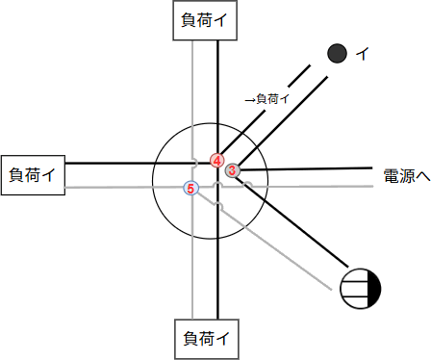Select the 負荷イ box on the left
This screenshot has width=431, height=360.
click(x=32, y=174)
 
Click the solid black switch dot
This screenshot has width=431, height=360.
click(x=337, y=53)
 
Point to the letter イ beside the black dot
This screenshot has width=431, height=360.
click(x=362, y=54)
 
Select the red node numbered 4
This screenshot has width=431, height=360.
click(x=217, y=160)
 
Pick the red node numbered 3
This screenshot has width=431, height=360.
click(x=232, y=170)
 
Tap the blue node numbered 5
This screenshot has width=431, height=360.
click(x=190, y=189)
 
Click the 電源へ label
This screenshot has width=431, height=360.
click(x=405, y=176)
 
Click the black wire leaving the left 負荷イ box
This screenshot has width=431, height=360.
click(x=106, y=164)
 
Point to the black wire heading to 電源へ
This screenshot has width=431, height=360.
click(x=317, y=167)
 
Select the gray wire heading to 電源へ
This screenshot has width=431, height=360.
click(x=317, y=185)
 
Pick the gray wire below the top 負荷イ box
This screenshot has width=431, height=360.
click(x=192, y=87)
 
